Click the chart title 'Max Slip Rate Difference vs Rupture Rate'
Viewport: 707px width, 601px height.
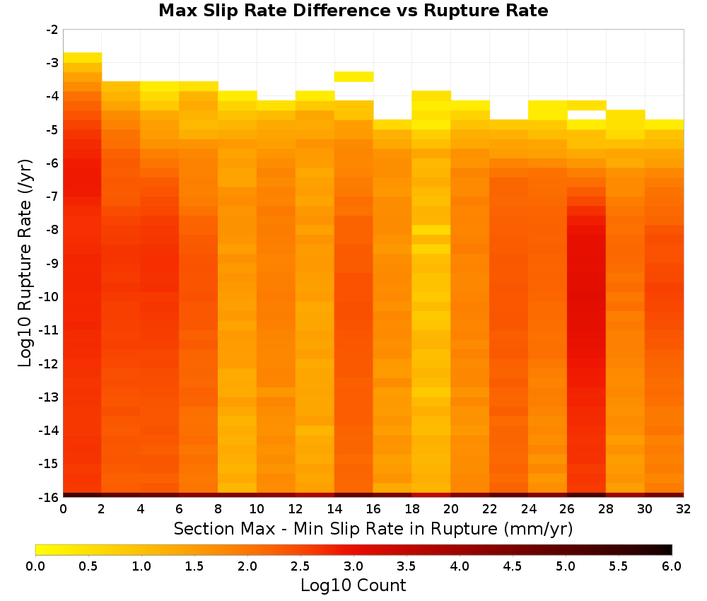[x=353, y=11]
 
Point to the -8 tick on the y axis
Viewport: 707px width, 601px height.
[x=62, y=230]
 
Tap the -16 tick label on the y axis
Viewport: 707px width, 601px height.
[x=49, y=497]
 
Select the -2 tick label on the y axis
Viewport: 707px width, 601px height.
[x=52, y=30]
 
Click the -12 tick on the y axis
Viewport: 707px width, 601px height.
[x=62, y=363]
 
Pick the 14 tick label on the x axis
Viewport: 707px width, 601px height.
[x=334, y=509]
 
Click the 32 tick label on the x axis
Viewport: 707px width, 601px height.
[x=683, y=509]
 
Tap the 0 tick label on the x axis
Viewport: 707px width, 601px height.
[x=63, y=509]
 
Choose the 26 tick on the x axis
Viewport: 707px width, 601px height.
[x=567, y=498]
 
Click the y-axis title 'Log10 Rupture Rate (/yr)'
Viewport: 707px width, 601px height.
[x=24, y=262]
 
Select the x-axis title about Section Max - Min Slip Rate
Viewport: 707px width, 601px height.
[x=373, y=528]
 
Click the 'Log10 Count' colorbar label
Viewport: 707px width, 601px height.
[x=353, y=585]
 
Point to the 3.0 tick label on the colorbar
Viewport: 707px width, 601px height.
[x=353, y=566]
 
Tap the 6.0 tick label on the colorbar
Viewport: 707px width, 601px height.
[x=672, y=566]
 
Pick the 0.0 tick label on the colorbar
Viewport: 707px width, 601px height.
[x=35, y=566]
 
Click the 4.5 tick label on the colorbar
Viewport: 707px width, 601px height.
[x=512, y=566]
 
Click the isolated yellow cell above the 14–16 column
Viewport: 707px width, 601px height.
[x=353, y=76]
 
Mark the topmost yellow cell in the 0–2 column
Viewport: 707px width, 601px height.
[x=82, y=58]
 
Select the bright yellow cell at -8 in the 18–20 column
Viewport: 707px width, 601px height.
[x=431, y=230]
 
